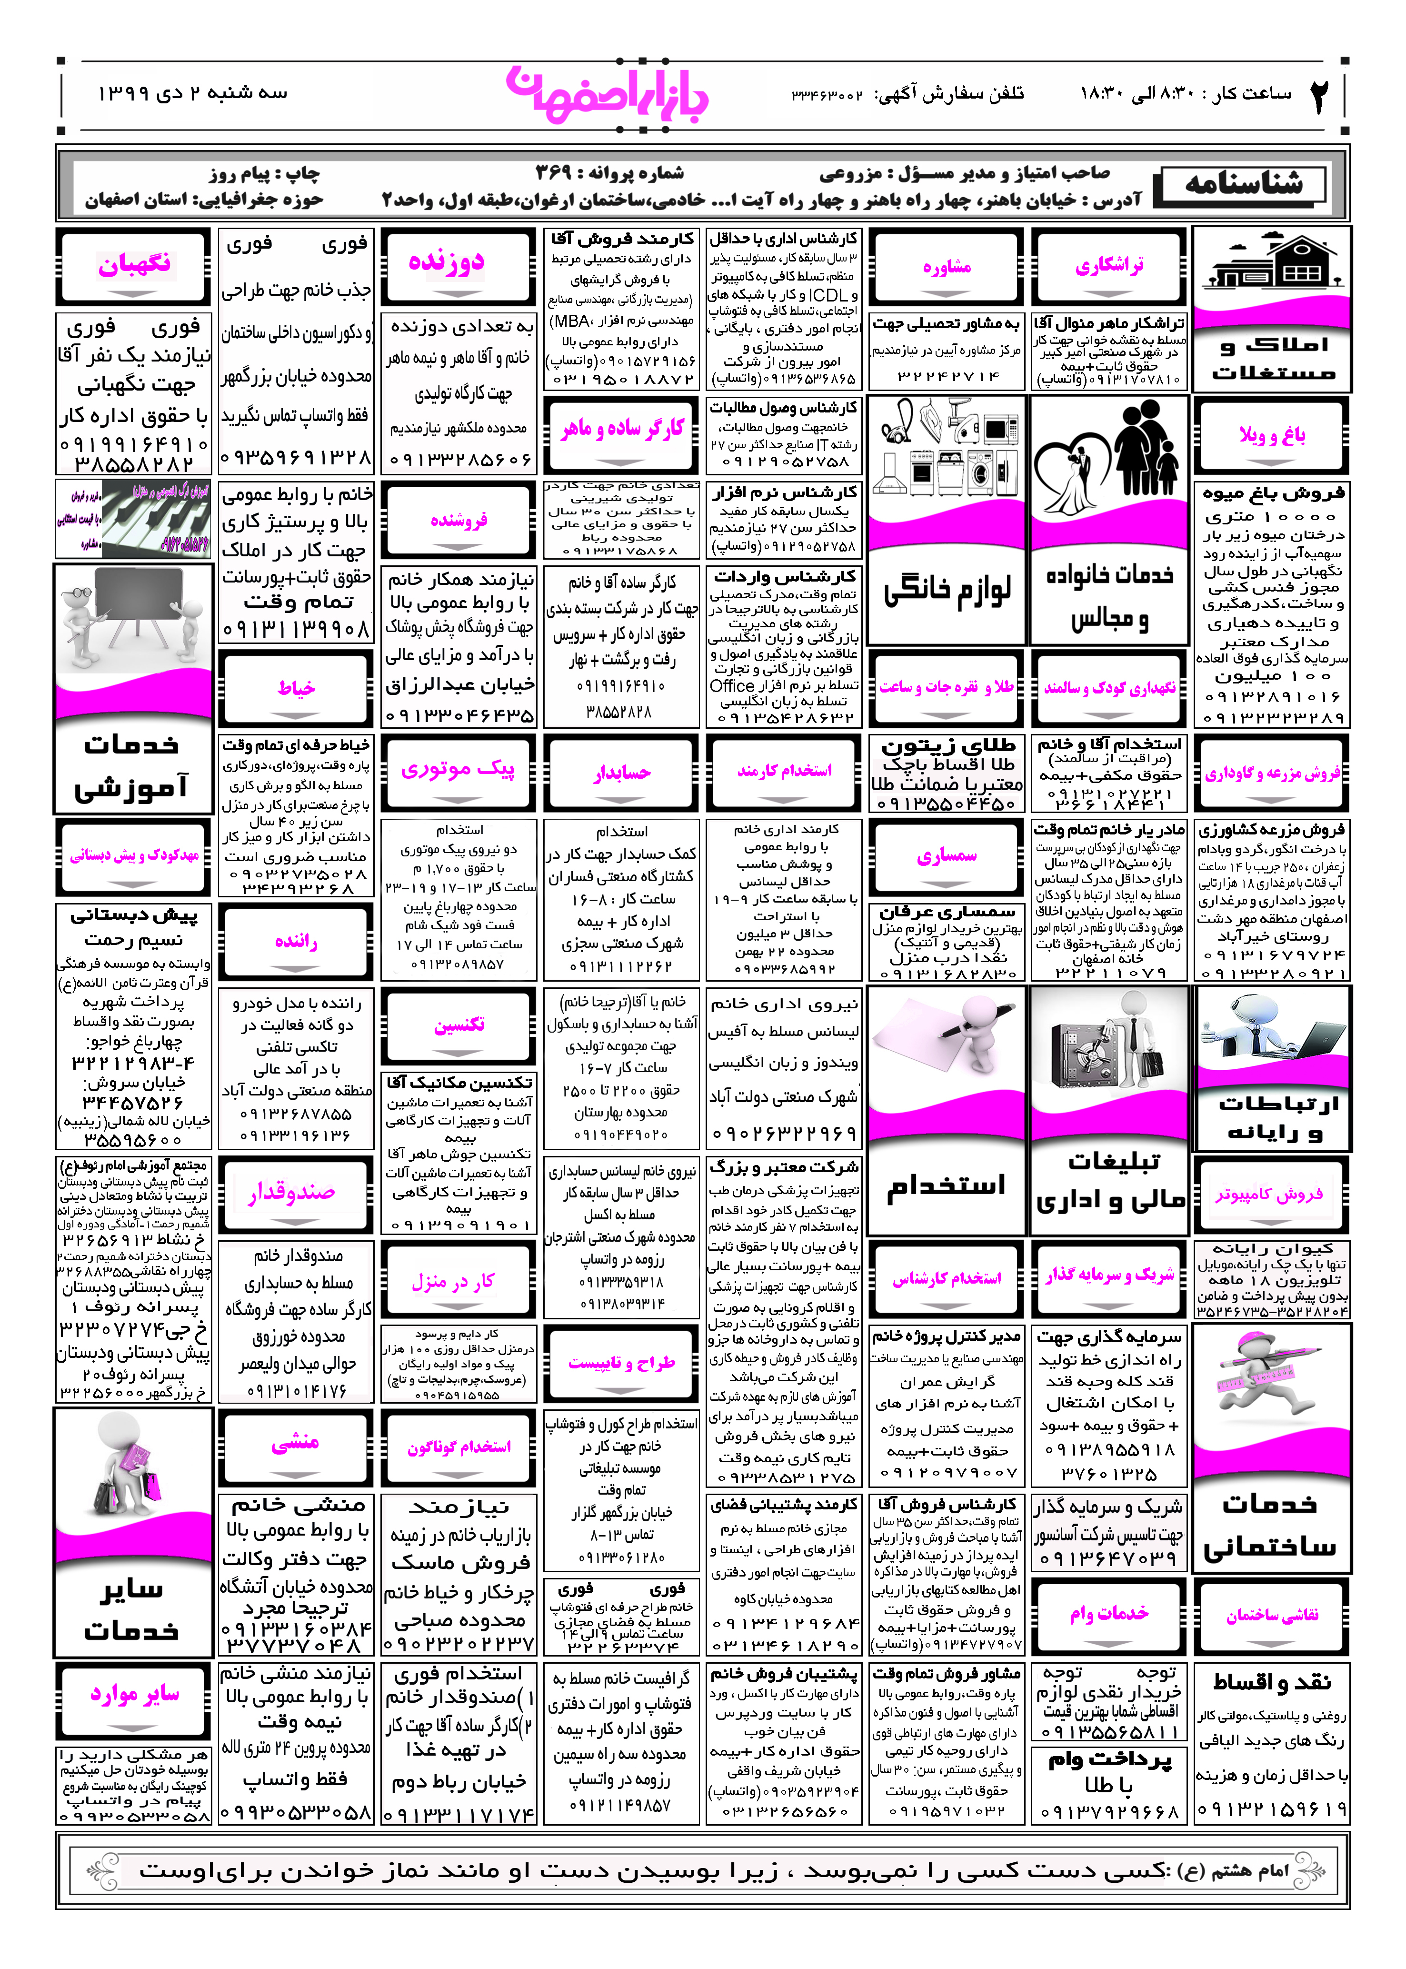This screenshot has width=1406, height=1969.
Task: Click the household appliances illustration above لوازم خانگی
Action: (946, 450)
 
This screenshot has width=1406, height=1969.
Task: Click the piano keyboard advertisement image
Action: (134, 520)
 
